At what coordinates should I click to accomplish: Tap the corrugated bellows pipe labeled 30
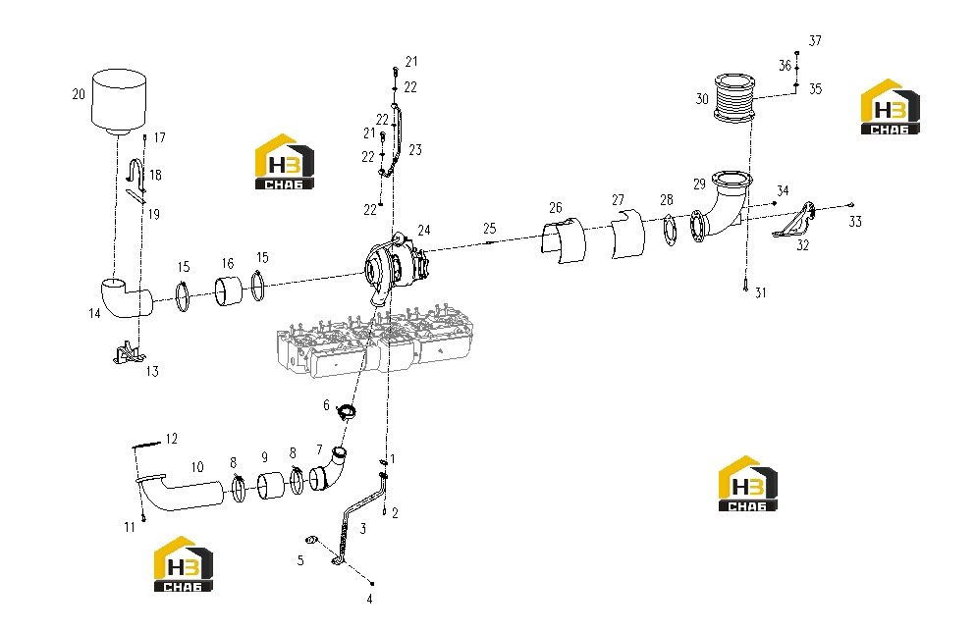[x=734, y=98]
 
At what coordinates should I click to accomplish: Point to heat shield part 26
[x=564, y=240]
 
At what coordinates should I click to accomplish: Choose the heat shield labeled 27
[x=627, y=234]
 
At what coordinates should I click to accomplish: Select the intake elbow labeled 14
[x=127, y=298]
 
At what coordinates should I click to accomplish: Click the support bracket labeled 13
[x=129, y=353]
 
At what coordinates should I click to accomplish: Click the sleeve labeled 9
[x=271, y=486]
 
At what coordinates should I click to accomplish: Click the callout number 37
[x=815, y=41]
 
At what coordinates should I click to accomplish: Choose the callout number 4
[x=370, y=599]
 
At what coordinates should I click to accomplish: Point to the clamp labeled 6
[x=346, y=411]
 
